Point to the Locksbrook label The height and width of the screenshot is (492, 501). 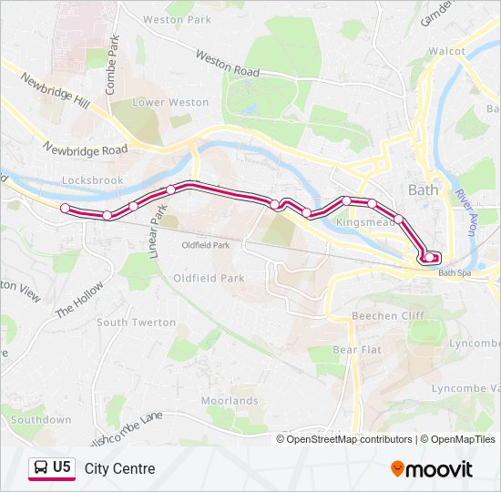[x=92, y=181]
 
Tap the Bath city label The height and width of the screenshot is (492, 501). [x=424, y=190]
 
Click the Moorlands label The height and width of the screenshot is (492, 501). [x=230, y=401]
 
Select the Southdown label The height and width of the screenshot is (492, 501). [x=41, y=420]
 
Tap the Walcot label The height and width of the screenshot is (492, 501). [x=446, y=52]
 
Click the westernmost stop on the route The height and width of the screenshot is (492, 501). [x=65, y=209]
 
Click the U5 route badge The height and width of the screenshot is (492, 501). [x=52, y=468]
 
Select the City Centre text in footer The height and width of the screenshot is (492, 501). [x=119, y=469]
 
